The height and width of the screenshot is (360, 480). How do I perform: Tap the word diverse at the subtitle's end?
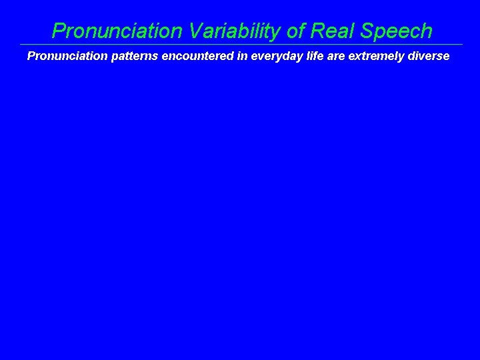tap(427, 56)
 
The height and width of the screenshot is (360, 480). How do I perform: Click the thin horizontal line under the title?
tap(240, 45)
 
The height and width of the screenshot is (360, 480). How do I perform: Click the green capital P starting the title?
tap(59, 31)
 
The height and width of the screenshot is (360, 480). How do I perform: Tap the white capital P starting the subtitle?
tap(31, 56)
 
